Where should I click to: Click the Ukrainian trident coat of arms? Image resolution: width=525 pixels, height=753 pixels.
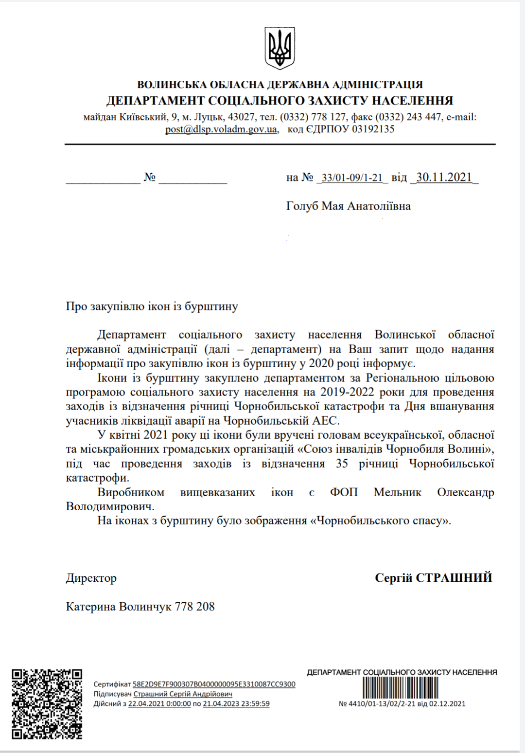click(x=280, y=48)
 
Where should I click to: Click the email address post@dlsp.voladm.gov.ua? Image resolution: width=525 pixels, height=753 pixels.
click(x=222, y=129)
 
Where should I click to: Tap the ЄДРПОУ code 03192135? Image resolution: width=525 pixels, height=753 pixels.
click(x=373, y=129)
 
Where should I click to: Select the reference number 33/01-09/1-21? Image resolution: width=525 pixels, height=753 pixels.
click(x=352, y=178)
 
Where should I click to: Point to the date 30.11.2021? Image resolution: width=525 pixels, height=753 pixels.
click(x=444, y=178)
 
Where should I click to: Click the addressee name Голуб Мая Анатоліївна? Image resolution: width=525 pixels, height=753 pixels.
click(x=348, y=206)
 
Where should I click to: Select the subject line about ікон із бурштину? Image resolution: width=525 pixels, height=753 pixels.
click(x=152, y=306)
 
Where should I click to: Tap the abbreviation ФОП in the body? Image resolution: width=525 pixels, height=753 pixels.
click(x=344, y=492)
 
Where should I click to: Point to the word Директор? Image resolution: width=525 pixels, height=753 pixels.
click(x=91, y=578)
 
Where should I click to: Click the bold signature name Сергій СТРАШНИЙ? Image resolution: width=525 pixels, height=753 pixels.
click(x=433, y=578)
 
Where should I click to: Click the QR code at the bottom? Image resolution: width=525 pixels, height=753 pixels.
click(x=47, y=704)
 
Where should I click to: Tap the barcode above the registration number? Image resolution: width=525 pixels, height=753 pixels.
click(x=400, y=688)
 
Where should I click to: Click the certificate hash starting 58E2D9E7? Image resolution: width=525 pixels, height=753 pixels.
click(x=214, y=684)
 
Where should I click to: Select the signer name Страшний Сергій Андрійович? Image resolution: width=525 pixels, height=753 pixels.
click(x=183, y=694)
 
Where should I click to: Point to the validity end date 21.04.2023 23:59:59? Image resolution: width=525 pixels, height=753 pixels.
click(x=236, y=704)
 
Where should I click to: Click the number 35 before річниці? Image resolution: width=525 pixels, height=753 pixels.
click(x=342, y=464)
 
